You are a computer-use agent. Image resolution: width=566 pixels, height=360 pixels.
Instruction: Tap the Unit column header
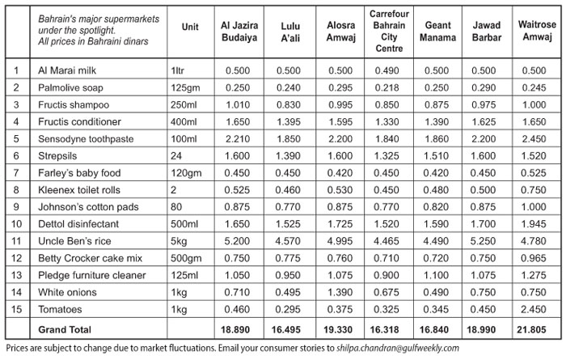(x=191, y=26)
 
